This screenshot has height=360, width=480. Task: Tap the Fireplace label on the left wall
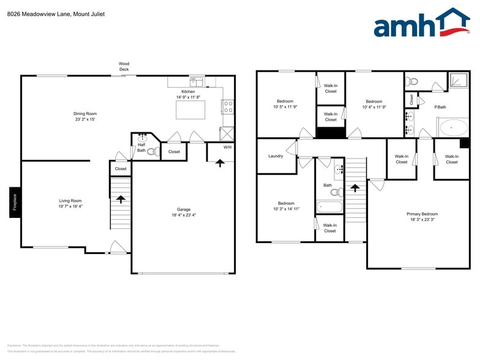pos(15,202)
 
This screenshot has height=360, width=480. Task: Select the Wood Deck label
pos(124,66)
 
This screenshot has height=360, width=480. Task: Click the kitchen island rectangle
pos(190,110)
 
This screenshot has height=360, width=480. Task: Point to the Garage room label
pos(183,209)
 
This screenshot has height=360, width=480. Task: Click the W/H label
pos(227,147)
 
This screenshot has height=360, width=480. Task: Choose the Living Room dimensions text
pos(70,206)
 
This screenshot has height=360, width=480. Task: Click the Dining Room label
pos(85,113)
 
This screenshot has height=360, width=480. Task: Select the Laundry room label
pos(276,156)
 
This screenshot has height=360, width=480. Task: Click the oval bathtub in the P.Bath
pos(454,127)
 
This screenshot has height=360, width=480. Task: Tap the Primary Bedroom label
pos(422,214)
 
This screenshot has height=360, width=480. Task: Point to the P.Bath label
pos(440,107)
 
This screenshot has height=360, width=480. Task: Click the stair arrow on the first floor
pos(121,199)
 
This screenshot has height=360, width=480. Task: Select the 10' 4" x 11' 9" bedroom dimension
pos(373,107)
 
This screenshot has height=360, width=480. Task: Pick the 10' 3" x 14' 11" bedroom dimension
pos(285,209)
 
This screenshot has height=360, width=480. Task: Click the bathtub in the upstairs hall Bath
pos(329,207)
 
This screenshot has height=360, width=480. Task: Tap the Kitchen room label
pos(188,91)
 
